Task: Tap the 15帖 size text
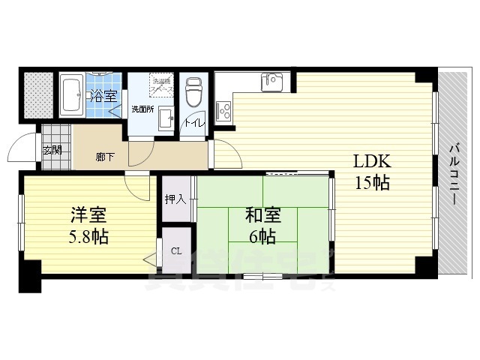coord(372,182)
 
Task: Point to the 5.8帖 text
coord(88,238)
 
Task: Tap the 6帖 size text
coord(263,238)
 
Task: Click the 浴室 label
coord(103,95)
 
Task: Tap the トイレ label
coord(194,121)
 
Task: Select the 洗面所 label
coord(142,109)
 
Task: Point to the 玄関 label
coord(52,149)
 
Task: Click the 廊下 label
coord(105,157)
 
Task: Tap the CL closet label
coord(176,251)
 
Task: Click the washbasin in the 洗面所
coord(166,117)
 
